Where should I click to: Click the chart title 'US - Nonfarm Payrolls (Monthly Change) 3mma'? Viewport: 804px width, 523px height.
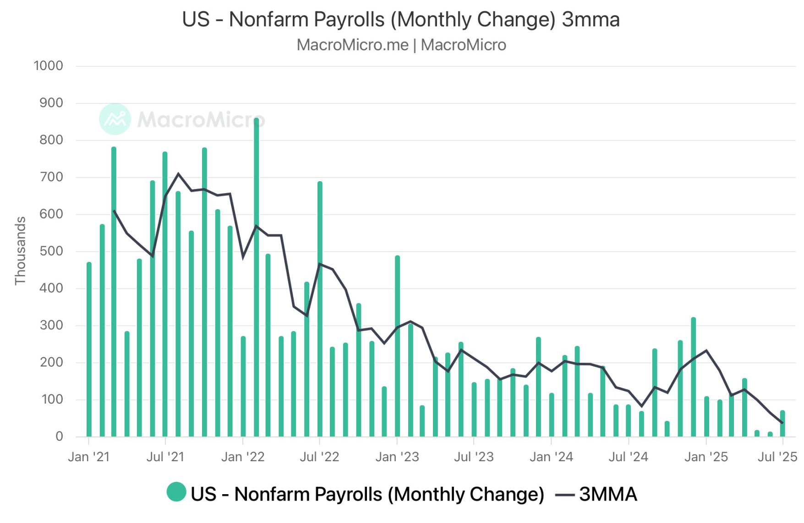(401, 19)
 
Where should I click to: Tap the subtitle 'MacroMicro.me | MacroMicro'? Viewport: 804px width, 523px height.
(401, 45)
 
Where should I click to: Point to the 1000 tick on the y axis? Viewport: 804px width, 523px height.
(49, 66)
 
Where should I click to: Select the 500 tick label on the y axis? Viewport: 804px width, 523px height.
(51, 251)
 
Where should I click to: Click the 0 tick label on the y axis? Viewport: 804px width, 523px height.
(59, 437)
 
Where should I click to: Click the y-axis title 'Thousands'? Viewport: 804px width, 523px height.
(20, 251)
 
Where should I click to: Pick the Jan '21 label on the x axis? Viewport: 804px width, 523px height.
(89, 457)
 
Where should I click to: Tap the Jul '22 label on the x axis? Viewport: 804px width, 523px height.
(319, 457)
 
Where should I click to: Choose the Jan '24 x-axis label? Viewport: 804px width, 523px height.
(551, 457)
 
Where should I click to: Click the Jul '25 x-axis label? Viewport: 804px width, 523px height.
(777, 457)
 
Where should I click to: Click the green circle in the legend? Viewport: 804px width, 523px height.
(176, 492)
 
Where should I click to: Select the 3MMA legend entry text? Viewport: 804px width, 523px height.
(608, 494)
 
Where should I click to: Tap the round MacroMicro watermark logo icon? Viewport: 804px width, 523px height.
(115, 119)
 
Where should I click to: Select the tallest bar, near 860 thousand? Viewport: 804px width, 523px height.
(256, 275)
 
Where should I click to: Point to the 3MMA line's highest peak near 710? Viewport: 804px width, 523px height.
(178, 174)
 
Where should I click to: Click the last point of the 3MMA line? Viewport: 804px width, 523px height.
(782, 423)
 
